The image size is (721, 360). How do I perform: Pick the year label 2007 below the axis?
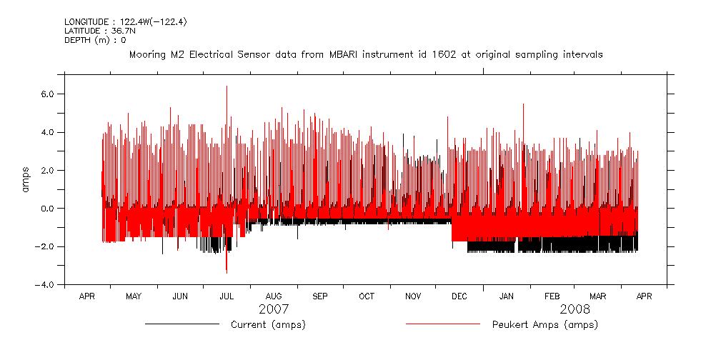click(x=273, y=309)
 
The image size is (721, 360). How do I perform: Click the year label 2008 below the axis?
click(x=575, y=309)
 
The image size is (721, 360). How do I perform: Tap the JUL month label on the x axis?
click(x=227, y=296)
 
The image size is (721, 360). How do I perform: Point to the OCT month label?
click(x=366, y=296)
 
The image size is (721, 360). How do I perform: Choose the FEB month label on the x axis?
click(x=552, y=296)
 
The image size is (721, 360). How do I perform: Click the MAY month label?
click(x=134, y=296)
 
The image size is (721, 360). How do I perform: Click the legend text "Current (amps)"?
click(x=268, y=325)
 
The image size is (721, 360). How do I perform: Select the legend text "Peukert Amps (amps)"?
click(x=545, y=325)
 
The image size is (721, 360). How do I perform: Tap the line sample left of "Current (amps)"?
click(x=182, y=324)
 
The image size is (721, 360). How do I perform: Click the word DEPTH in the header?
click(x=77, y=40)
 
